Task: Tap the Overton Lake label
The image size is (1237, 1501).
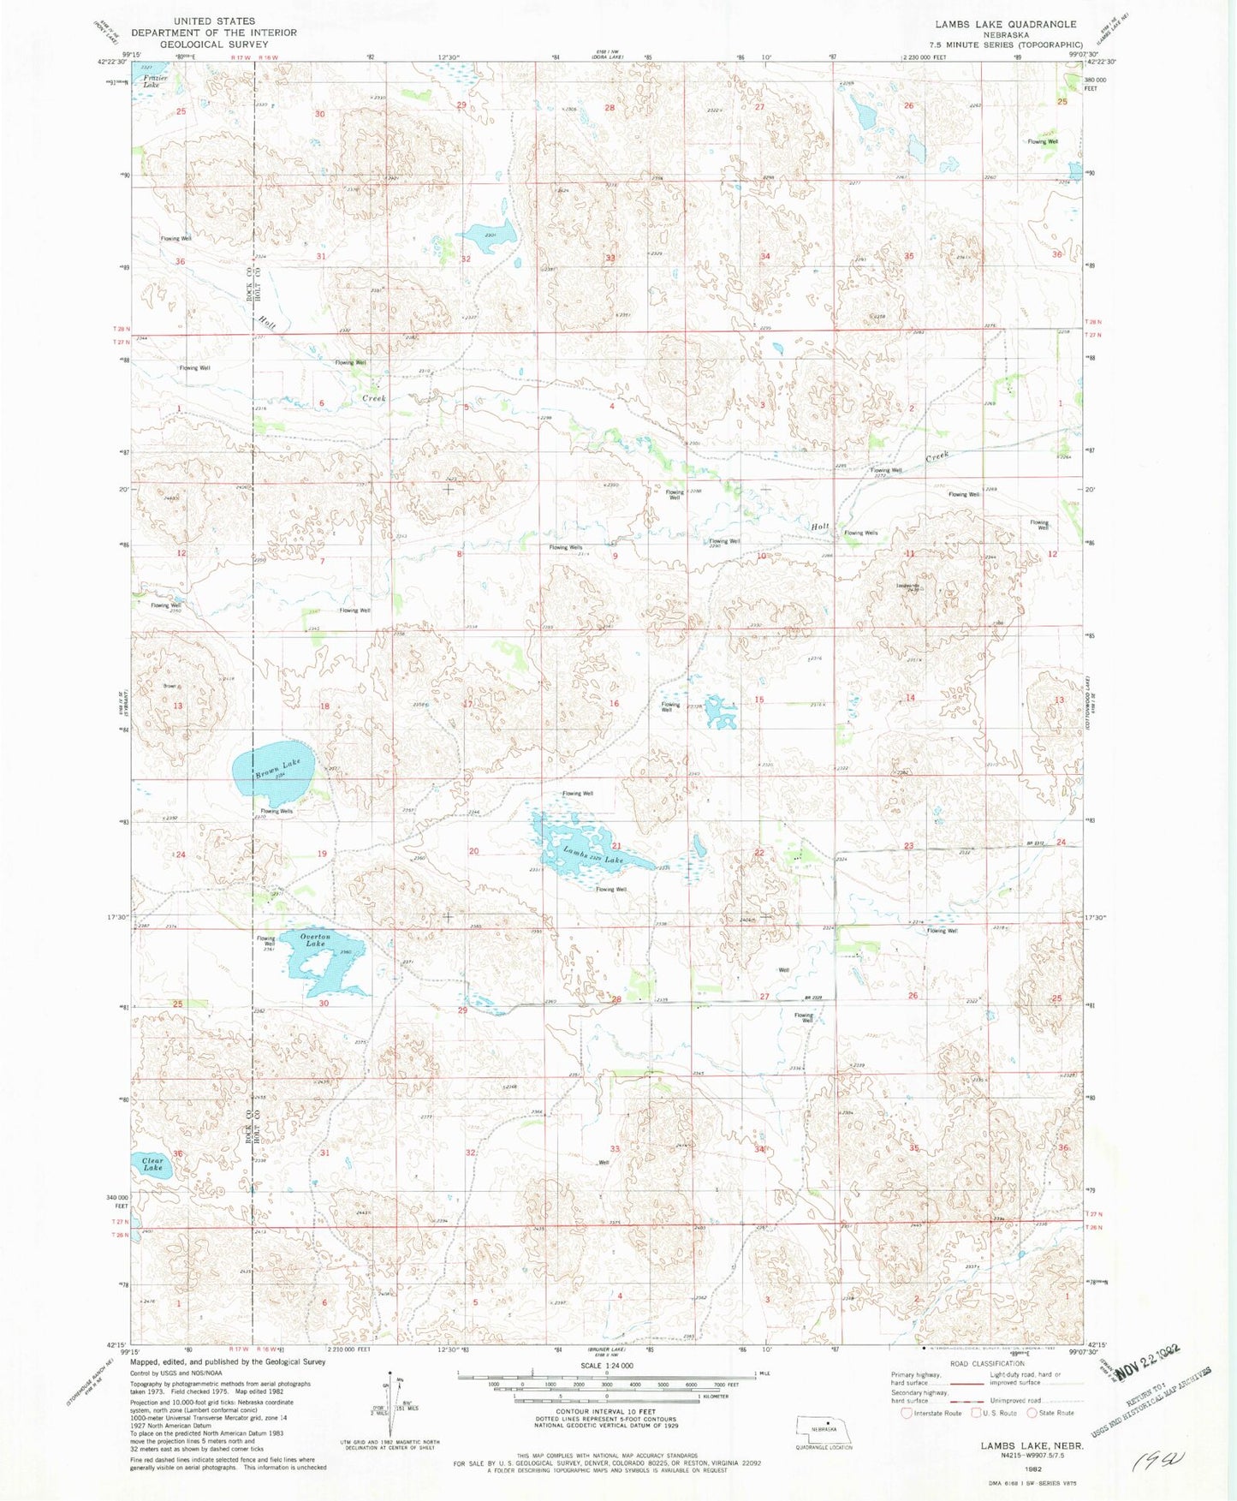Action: (x=316, y=939)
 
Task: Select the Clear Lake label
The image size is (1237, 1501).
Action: (x=152, y=1164)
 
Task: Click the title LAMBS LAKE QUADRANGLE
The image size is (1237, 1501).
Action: (x=1005, y=24)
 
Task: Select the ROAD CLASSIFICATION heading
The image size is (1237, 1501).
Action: (x=986, y=1363)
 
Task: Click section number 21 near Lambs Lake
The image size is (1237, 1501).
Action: (x=616, y=846)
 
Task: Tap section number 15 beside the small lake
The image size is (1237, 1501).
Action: (x=758, y=700)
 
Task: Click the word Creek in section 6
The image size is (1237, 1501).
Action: (x=374, y=398)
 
